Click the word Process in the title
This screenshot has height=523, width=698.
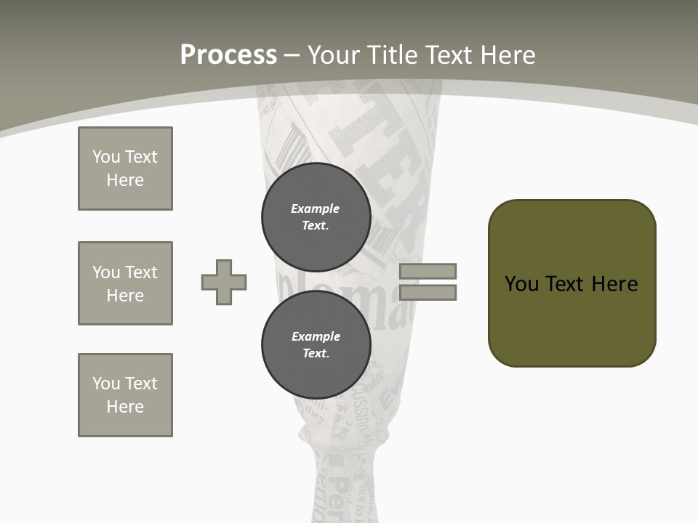coord(228,55)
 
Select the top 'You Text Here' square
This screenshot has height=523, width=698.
coord(125,169)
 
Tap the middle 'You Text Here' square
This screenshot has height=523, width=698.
coord(125,283)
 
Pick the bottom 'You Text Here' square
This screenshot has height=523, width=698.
coord(125,395)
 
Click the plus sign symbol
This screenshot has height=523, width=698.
coord(224,282)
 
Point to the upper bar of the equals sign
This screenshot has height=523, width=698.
coord(428,271)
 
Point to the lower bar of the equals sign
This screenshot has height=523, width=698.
coord(428,292)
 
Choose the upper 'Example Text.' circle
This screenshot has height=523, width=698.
coord(316,217)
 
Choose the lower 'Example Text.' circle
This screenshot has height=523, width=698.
coord(316,345)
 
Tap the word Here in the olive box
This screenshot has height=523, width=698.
coord(614,284)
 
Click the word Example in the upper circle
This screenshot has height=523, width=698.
coord(316,208)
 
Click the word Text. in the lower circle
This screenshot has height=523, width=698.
coord(316,354)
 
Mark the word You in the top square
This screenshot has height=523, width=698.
coord(105,157)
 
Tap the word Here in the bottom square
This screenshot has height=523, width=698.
coord(125,407)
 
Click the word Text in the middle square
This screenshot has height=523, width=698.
coord(140,272)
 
